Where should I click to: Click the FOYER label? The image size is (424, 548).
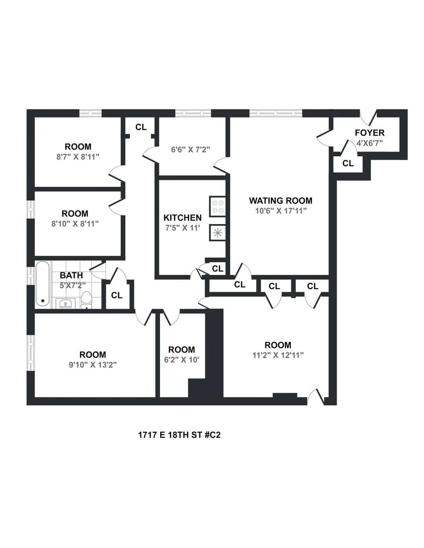pyautogui.click(x=370, y=133)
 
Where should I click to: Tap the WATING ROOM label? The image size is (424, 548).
pyautogui.click(x=281, y=201)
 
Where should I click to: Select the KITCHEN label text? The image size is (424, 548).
pyautogui.click(x=182, y=218)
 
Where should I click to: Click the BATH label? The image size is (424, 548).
pyautogui.click(x=71, y=275)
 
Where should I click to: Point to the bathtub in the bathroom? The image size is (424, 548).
pyautogui.click(x=43, y=284)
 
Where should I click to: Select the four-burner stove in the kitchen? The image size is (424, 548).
pyautogui.click(x=217, y=206)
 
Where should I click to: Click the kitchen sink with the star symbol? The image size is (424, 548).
pyautogui.click(x=217, y=233)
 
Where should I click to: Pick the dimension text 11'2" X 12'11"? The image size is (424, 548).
pyautogui.click(x=278, y=355)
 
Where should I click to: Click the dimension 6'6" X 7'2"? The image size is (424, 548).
pyautogui.click(x=190, y=150)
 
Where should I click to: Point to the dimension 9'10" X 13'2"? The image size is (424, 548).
pyautogui.click(x=93, y=365)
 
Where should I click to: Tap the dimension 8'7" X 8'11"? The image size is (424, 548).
pyautogui.click(x=78, y=157)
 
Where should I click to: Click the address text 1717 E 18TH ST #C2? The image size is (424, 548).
pyautogui.click(x=179, y=435)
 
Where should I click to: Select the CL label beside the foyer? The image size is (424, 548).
pyautogui.click(x=348, y=163)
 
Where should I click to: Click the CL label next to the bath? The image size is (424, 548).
pyautogui.click(x=117, y=295)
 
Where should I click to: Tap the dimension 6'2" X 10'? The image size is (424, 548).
pyautogui.click(x=182, y=360)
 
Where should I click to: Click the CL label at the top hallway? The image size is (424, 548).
pyautogui.click(x=141, y=127)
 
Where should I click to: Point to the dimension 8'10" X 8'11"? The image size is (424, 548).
pyautogui.click(x=75, y=224)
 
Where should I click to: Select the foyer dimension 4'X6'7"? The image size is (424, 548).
pyautogui.click(x=370, y=143)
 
